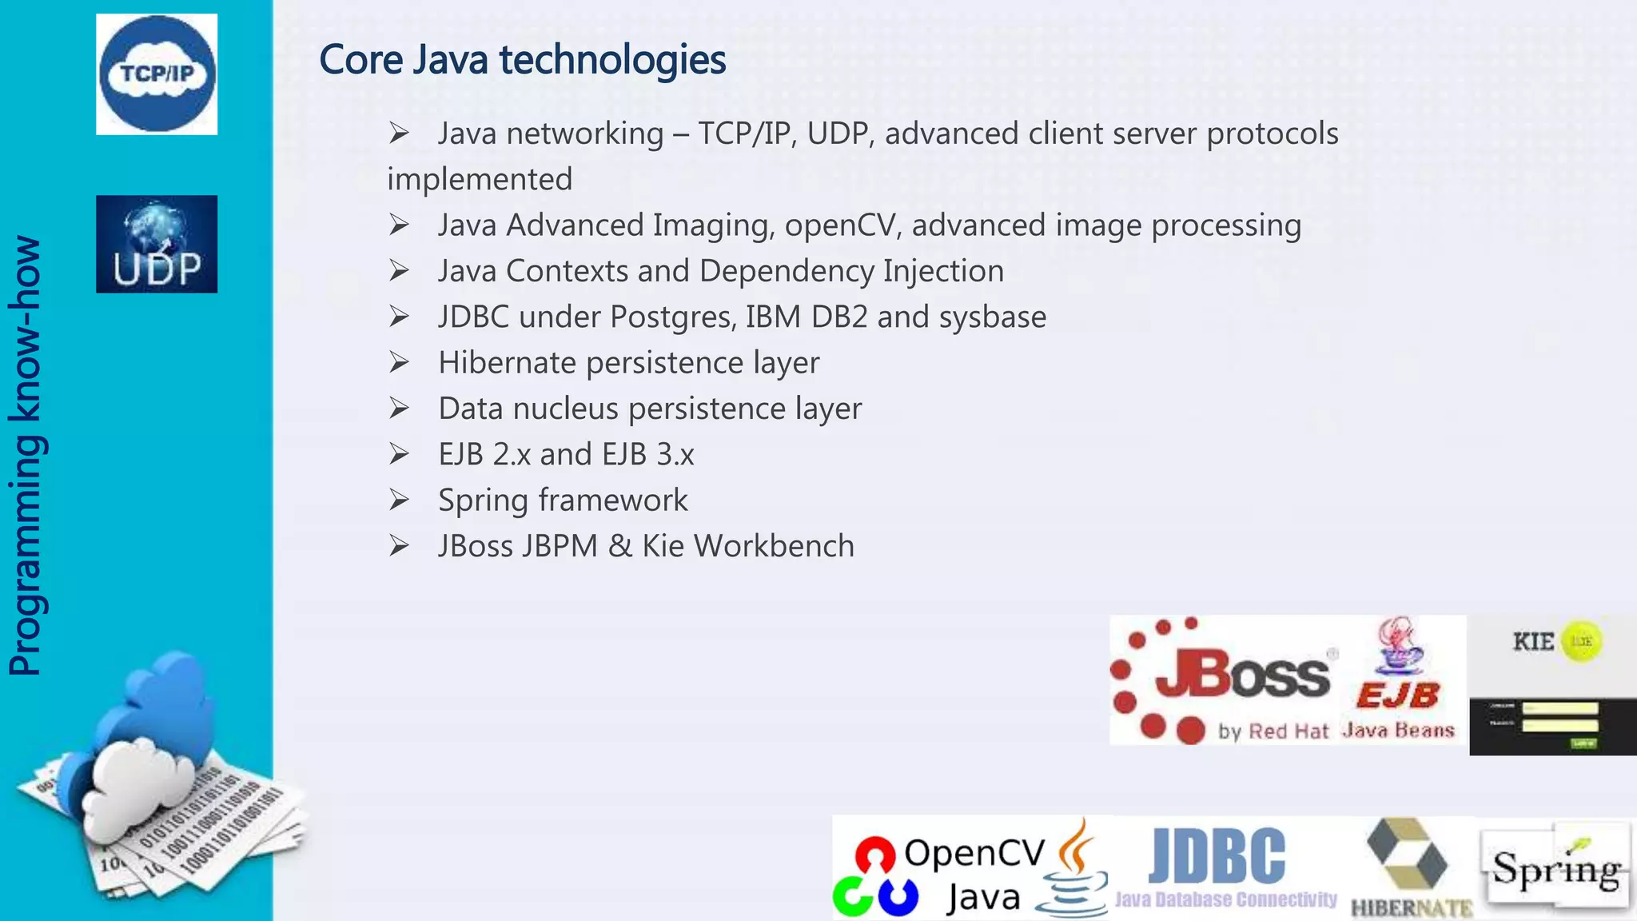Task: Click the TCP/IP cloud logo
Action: [157, 74]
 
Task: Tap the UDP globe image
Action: [157, 244]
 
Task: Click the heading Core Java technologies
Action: [522, 60]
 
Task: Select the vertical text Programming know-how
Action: [26, 456]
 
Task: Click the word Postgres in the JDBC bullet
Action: [672, 317]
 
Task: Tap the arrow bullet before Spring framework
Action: [399, 500]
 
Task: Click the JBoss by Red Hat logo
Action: [1223, 680]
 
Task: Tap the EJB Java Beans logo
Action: [1399, 680]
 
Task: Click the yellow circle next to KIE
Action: [1581, 641]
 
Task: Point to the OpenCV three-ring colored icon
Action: [875, 877]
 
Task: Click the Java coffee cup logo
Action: [1073, 870]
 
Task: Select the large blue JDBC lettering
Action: [1217, 855]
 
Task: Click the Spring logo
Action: [1555, 867]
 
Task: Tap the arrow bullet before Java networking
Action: [399, 134]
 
